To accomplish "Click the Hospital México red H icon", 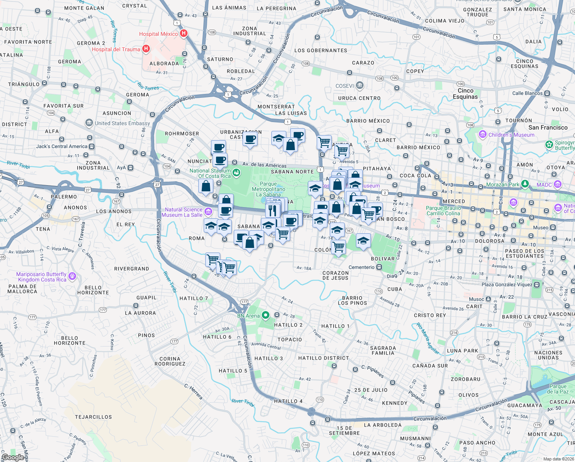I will (x=184, y=33).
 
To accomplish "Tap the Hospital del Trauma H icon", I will (x=146, y=49).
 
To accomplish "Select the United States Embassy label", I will (x=122, y=123).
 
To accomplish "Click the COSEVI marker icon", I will (x=359, y=85).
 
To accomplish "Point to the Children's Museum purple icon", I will (x=482, y=135).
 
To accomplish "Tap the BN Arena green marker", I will (x=266, y=316).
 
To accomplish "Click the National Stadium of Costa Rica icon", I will (x=236, y=173).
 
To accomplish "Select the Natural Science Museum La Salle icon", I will (x=208, y=212).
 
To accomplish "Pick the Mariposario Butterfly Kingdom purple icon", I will (x=72, y=276).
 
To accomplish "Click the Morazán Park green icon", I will (x=525, y=184).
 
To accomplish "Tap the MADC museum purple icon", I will (x=558, y=184).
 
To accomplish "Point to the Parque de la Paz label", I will (x=558, y=389).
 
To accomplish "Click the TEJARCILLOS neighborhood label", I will (x=93, y=417).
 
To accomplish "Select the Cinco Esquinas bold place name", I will (x=465, y=94).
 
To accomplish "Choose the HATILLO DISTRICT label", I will (x=324, y=358).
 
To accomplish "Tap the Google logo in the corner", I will (x=13, y=457).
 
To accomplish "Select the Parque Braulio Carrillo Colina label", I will (x=443, y=211).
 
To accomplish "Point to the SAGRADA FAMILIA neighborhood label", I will (x=383, y=350).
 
